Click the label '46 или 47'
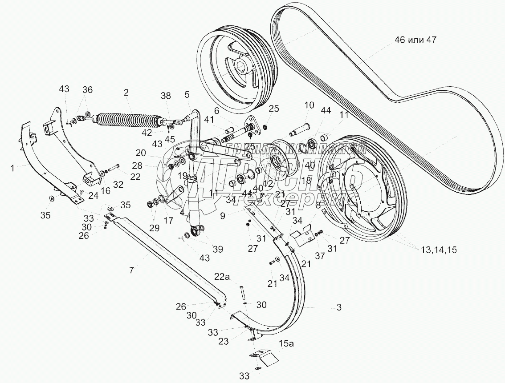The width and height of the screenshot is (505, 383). (415, 40)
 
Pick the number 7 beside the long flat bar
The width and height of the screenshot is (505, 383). (132, 270)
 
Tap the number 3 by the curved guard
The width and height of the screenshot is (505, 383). (339, 307)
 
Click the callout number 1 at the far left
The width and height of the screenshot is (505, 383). (12, 168)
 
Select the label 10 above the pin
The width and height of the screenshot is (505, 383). (309, 105)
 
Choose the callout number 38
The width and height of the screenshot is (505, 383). (166, 95)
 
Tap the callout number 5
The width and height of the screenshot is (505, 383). (187, 94)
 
